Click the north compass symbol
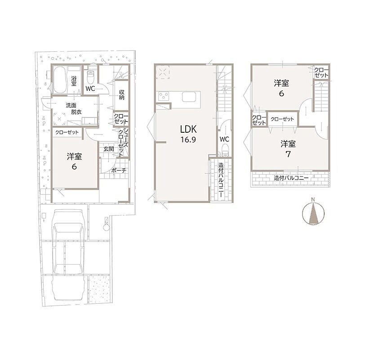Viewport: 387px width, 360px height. point(313,214)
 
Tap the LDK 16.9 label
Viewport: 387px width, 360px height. point(188,134)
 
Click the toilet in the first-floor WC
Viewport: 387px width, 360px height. point(91,77)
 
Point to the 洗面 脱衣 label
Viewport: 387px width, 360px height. point(73,108)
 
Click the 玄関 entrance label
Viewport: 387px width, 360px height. point(109,149)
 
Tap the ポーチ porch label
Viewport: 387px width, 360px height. point(119,170)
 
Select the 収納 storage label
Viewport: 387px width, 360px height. point(122,94)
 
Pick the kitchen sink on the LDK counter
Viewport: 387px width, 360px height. point(189,97)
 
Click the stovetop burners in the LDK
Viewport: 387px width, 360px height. point(164,96)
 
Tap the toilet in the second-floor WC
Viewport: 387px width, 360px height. point(225,150)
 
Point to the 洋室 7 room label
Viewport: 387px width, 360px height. point(288,149)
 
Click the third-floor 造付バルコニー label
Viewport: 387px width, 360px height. point(291,178)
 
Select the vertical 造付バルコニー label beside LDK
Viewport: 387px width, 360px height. point(221,180)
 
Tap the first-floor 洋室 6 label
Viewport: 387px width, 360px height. point(74,162)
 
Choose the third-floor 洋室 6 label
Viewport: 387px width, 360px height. point(281,88)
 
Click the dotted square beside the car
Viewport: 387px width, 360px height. point(99,290)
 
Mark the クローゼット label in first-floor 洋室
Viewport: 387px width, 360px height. point(67,132)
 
